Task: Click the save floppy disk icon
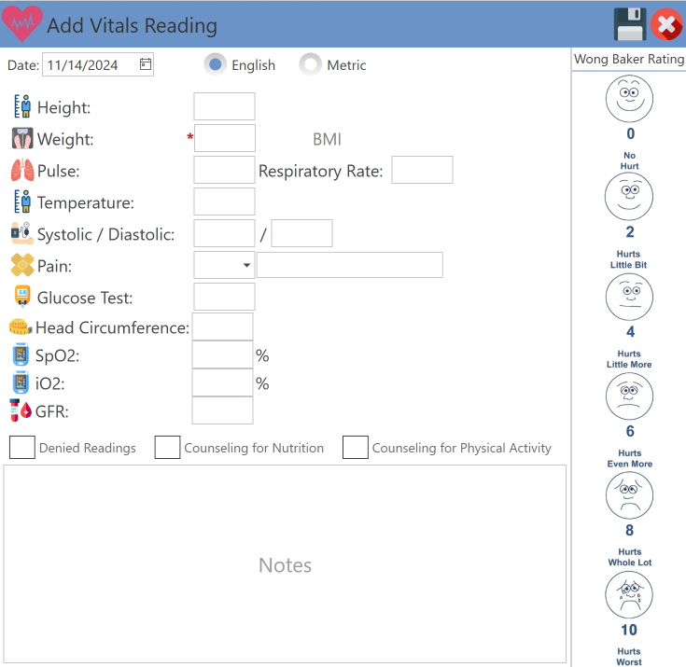630,24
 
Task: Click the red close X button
666,25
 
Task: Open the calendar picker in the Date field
146,64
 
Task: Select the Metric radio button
310,64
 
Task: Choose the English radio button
216,64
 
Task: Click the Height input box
224,107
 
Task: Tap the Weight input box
224,139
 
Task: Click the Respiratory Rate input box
422,171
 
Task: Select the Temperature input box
224,202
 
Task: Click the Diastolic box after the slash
301,234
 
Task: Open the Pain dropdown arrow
246,266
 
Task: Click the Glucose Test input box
224,298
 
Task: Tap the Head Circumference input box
222,327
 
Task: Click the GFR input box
222,411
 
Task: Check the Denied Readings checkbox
22,448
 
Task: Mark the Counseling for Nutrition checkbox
167,448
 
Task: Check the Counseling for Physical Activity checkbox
356,448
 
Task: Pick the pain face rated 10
629,595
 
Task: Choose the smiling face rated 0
629,98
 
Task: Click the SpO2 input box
222,355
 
